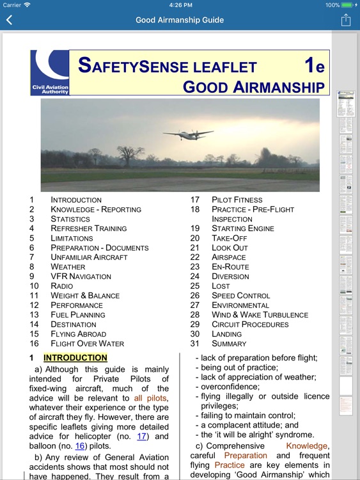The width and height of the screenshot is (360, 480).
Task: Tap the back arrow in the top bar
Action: [9, 20]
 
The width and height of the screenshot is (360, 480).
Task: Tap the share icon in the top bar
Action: [346, 20]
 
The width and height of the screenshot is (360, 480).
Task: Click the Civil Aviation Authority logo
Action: [49, 72]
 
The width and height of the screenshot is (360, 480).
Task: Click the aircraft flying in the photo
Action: [188, 134]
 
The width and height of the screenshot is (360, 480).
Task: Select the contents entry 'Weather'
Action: [68, 267]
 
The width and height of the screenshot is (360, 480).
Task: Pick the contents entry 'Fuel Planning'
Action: [78, 315]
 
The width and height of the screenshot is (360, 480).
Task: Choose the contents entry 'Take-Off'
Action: [229, 238]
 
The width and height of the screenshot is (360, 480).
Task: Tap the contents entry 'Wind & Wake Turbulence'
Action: [260, 315]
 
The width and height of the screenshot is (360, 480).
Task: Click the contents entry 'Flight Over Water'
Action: [87, 344]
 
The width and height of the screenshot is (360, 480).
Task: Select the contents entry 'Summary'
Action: [229, 344]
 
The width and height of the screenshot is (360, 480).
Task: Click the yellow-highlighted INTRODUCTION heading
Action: [75, 358]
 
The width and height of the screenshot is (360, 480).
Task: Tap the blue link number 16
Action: [80, 446]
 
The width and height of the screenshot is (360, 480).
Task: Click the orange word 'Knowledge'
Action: [307, 446]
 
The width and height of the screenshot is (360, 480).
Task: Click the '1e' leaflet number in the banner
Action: [314, 66]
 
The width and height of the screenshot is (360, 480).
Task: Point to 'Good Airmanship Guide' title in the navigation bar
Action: [180, 20]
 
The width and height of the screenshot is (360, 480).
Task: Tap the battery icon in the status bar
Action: [350, 5]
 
